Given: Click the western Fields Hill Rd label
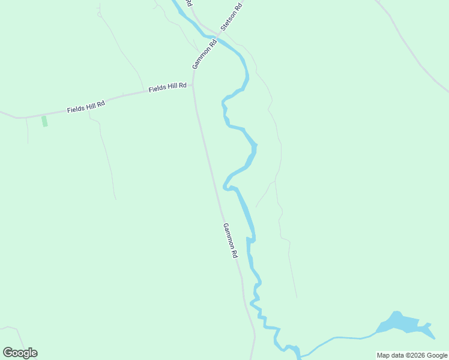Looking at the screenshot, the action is coord(86,107).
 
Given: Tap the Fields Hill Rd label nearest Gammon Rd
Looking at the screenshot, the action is coord(167,88).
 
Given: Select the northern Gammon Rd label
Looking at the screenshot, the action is coord(203,55).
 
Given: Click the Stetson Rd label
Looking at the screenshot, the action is coord(231,16).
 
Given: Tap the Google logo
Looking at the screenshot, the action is coord(20,353).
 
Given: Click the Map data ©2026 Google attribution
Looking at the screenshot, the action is coord(412,355).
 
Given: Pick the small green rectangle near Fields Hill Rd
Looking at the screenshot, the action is coord(44,121).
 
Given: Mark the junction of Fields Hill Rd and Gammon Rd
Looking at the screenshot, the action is coord(193,86).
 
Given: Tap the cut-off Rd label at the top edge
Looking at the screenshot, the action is coord(188,3).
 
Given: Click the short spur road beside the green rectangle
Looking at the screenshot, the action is coord(27,130).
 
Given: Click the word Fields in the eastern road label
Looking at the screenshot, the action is coord(158,89).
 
